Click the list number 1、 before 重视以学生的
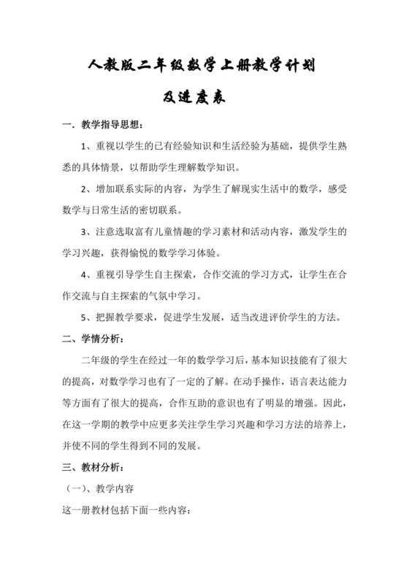tap(88, 147)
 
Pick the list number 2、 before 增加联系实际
tap(88, 190)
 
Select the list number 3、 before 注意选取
tap(88, 232)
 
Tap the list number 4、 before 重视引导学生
tap(88, 275)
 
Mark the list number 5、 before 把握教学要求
tap(88, 317)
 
